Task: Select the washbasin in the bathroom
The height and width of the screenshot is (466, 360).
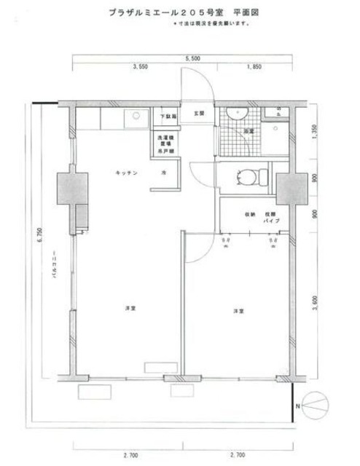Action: tap(237, 114)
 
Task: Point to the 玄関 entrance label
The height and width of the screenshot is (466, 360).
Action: tap(199, 114)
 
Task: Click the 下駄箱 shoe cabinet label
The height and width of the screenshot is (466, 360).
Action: tap(168, 116)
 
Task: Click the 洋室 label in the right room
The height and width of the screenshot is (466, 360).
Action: tap(238, 311)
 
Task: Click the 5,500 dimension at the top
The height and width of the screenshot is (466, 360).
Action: tap(192, 57)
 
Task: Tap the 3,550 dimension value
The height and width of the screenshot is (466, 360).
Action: tap(141, 67)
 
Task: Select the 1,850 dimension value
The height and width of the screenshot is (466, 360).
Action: tap(254, 67)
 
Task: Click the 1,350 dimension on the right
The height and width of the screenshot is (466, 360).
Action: tap(315, 132)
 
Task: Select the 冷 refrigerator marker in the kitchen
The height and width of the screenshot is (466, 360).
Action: tap(163, 173)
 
